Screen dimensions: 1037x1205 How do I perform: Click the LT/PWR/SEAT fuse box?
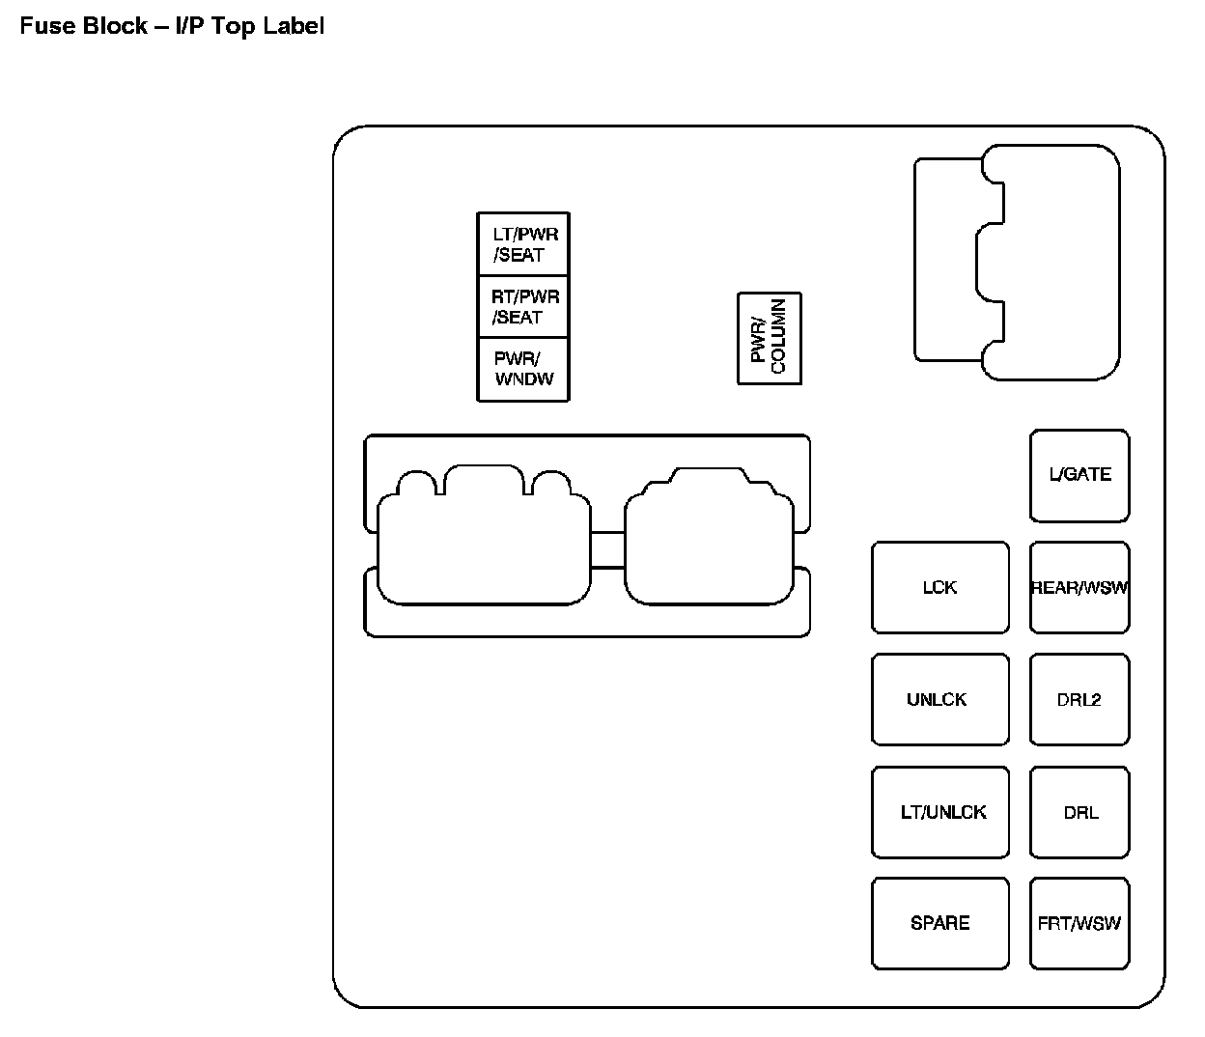tap(523, 244)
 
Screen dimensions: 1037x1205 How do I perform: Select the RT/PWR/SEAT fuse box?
tap(523, 307)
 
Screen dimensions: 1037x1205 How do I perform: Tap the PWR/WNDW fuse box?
tap(523, 369)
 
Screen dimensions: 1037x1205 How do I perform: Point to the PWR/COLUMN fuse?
tap(770, 339)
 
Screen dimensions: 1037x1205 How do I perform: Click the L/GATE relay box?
tap(1079, 475)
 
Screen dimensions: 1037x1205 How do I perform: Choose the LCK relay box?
tap(939, 587)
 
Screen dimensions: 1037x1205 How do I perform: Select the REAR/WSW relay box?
tap(1079, 587)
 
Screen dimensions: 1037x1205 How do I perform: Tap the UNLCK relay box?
tap(939, 699)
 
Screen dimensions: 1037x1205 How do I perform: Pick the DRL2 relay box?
tap(1079, 699)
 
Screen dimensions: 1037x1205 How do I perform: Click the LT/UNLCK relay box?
tap(939, 812)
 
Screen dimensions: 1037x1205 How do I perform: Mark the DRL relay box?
tap(1079, 812)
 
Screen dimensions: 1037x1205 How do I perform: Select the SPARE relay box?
tap(939, 923)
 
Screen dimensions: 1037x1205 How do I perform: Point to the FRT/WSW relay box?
tap(1079, 923)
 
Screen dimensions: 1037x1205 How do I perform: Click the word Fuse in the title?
tap(48, 26)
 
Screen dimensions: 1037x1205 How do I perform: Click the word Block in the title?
tap(114, 26)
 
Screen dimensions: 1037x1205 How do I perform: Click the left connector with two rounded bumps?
tap(484, 546)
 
